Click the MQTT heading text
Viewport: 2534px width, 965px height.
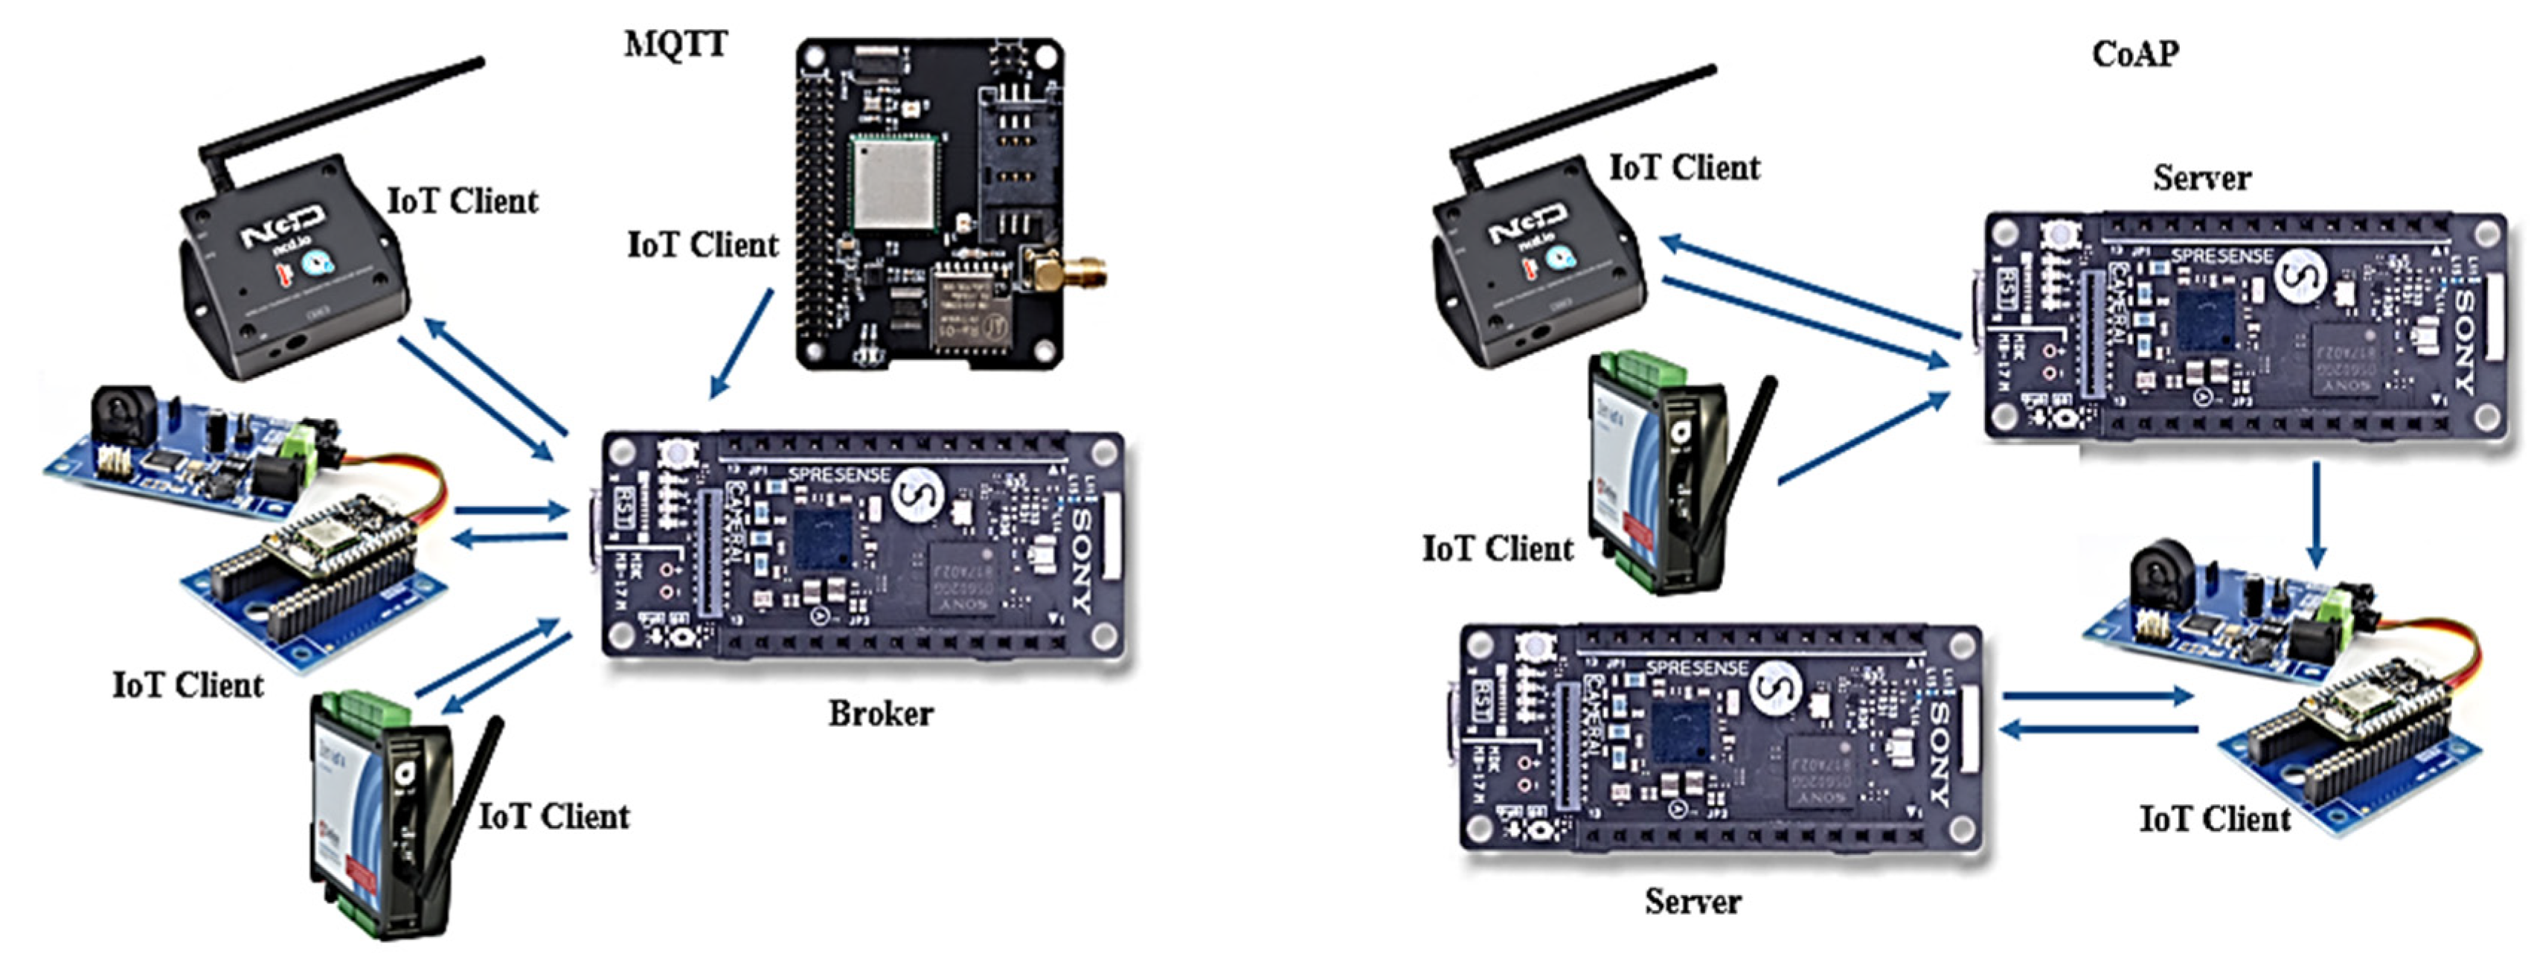(x=676, y=44)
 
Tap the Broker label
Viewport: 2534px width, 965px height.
(x=880, y=714)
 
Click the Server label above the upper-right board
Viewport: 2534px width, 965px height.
(x=2201, y=178)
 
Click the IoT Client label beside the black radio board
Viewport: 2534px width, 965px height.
(x=702, y=245)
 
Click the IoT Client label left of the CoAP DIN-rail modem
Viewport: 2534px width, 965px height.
(x=1497, y=548)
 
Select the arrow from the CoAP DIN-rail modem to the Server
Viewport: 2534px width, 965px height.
(x=1864, y=437)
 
